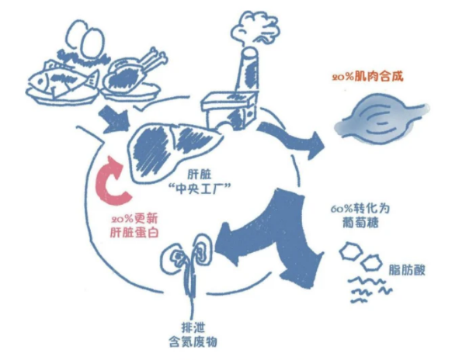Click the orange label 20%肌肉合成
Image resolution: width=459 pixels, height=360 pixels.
pos(367,77)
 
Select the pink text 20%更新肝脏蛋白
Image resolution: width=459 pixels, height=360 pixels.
pos(134,226)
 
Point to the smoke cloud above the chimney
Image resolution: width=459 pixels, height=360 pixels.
pos(256,29)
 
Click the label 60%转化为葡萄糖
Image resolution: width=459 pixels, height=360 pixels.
pos(360,216)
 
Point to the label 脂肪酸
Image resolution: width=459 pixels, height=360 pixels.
pos(407,270)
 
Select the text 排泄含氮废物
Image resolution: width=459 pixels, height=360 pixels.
pos(193,334)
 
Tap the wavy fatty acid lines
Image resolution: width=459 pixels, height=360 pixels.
pos(370,289)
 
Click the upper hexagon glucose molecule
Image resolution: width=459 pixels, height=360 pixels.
pos(351,251)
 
